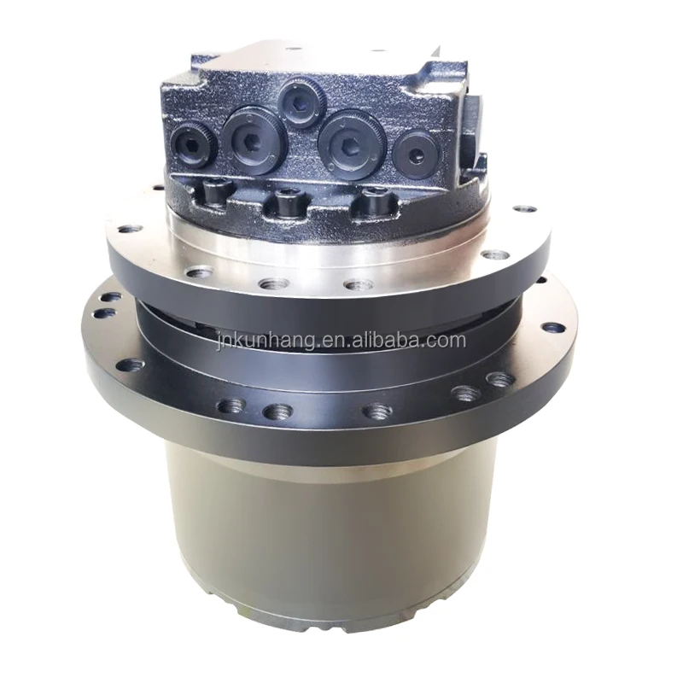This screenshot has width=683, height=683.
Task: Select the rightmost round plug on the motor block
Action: (x=415, y=155)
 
